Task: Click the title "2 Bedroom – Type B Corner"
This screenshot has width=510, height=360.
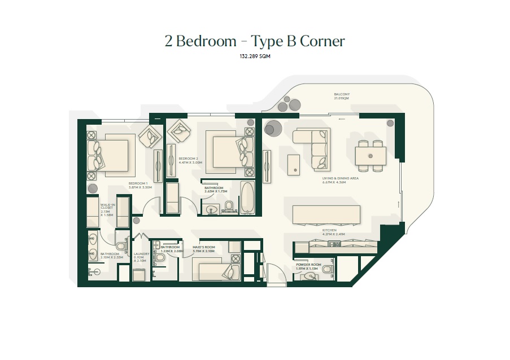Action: pos(255,41)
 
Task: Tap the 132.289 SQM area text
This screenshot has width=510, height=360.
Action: pos(255,57)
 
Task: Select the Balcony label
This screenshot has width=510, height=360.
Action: pos(342,96)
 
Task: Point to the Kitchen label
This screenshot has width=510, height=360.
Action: pos(329,232)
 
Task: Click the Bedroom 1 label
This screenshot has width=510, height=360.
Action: pos(138,186)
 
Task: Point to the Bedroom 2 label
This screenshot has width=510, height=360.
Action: pos(189,161)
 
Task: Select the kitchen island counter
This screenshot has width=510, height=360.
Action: pos(326,215)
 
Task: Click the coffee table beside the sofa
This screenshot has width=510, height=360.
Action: pos(294,164)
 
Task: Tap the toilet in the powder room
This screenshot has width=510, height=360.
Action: pos(326,270)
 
